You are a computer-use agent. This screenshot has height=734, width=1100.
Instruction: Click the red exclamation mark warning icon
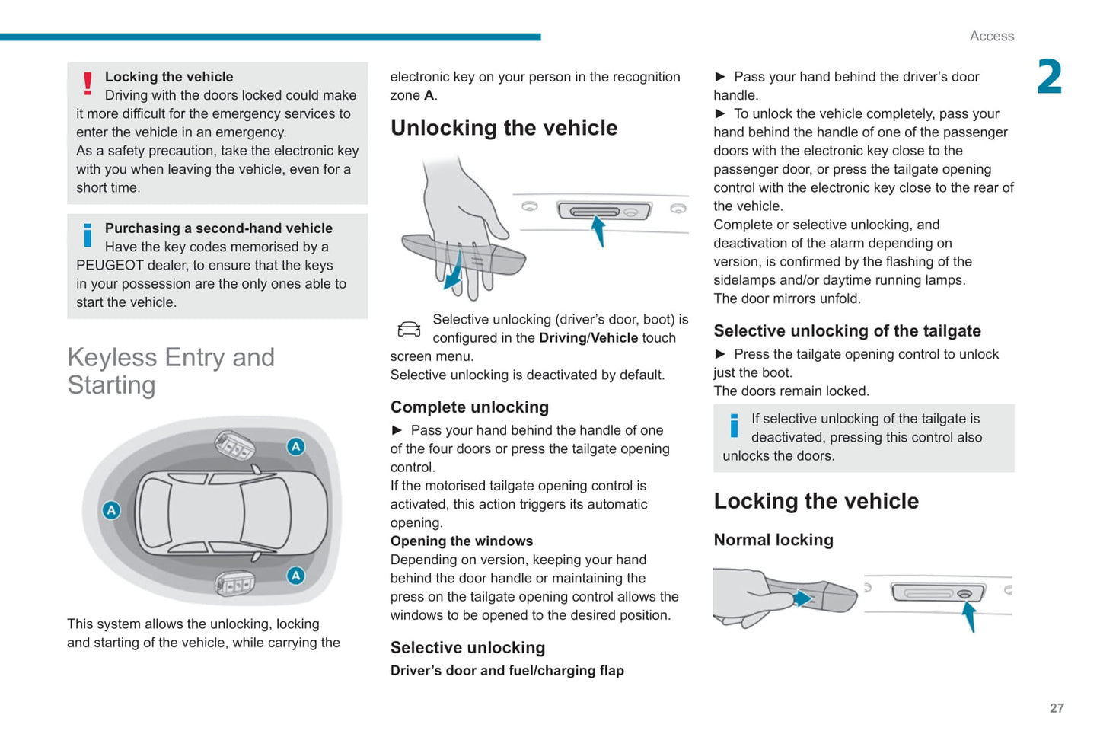pos(88,83)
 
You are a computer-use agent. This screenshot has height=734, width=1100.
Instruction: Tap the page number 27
pos(1057,708)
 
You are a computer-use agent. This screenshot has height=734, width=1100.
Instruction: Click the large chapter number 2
pos(1049,77)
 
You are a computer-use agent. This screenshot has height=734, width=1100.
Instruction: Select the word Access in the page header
pos(991,36)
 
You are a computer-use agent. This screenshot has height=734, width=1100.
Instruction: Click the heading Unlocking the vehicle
pos(503,128)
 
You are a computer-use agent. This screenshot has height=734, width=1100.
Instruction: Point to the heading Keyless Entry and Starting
pos(171,371)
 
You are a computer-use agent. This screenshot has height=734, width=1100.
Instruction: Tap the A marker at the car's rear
pos(111,510)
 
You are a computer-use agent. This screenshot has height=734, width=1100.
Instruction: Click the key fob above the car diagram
pos(234,446)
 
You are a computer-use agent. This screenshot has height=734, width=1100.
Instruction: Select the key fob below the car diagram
pos(234,584)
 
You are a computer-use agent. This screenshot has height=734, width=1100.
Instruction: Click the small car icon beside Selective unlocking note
pos(409,329)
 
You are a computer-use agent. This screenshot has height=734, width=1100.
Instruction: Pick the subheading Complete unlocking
pos(469,407)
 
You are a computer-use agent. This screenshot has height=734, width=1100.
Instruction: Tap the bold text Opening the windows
pos(461,541)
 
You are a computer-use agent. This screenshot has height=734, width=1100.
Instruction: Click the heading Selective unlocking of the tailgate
pos(847,331)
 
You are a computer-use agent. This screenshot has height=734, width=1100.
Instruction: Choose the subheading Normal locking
pos(773,540)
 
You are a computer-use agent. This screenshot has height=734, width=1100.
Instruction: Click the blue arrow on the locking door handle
pos(801,598)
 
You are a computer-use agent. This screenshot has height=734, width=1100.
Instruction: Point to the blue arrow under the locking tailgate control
pos(970,616)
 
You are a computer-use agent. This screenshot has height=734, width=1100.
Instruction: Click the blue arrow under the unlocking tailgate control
pos(598,231)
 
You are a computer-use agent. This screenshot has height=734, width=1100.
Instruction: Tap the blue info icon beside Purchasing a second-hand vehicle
pos(88,235)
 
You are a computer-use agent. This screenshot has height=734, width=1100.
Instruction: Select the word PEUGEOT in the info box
pos(110,265)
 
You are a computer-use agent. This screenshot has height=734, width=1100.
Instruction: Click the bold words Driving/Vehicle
pos(588,338)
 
